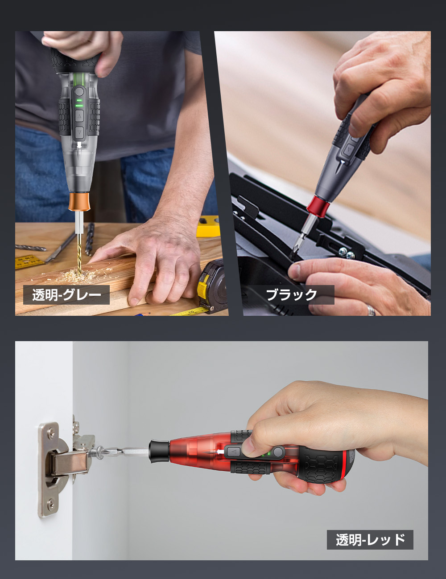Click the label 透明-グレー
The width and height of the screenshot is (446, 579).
pos(66,295)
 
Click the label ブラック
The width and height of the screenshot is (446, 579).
pos(292,295)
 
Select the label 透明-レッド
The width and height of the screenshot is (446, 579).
pos(370,540)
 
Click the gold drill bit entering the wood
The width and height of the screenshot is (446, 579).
pos(79,249)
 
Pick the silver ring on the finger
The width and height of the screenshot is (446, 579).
pos(371,310)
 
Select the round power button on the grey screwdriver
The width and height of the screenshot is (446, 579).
pos(79,93)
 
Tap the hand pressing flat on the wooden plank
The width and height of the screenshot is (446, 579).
pos(156,263)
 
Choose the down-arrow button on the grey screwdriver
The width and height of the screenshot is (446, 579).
pos(79,132)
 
